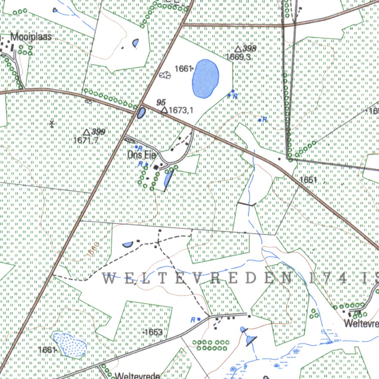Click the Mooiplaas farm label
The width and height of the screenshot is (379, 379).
click(x=31, y=37)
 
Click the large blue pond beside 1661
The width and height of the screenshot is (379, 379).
click(x=205, y=78)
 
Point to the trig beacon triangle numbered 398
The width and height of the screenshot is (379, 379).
click(x=238, y=49)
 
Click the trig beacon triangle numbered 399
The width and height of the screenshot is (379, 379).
click(x=86, y=132)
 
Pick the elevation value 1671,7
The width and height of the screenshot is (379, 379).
click(x=86, y=140)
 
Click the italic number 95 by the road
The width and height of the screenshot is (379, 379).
click(x=161, y=102)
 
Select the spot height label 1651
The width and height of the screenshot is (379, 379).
click(x=308, y=180)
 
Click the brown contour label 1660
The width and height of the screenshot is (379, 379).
click(x=93, y=249)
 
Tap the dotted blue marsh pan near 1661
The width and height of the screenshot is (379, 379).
click(x=70, y=345)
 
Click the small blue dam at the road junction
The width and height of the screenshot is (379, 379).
click(x=141, y=113)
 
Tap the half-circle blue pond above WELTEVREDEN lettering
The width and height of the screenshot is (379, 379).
click(x=127, y=244)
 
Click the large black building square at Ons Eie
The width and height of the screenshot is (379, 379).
click(x=156, y=168)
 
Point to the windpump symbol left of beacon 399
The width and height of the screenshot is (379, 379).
click(x=52, y=123)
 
